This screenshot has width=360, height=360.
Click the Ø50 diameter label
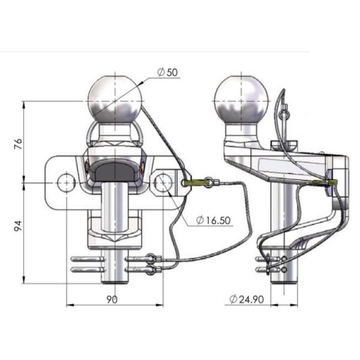tap(167, 72)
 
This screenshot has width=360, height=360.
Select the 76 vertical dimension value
tap(18, 143)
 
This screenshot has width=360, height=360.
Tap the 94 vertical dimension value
tap(18, 225)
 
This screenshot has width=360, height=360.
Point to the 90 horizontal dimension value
tap(112, 299)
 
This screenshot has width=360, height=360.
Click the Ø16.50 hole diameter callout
tap(213, 220)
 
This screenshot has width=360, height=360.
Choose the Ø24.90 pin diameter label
tap(247, 299)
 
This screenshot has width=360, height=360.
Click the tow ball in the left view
tap(115, 99)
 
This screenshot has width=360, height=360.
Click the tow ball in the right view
tap(241, 100)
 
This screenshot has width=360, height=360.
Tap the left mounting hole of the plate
tap(66, 182)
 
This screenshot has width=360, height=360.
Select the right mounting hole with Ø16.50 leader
tap(162, 182)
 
